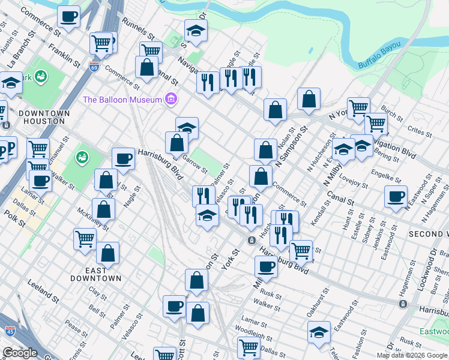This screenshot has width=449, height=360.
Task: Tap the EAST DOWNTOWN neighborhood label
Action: [x=96, y=274]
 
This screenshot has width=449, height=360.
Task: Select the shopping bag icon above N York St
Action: [x=309, y=100]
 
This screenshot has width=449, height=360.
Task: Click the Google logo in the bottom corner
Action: [x=20, y=353]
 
